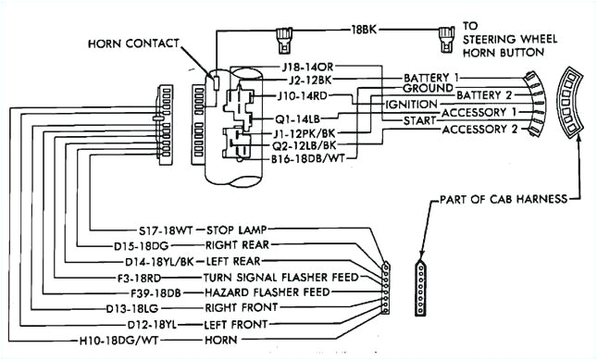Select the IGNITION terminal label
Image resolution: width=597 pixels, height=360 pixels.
click(411, 106)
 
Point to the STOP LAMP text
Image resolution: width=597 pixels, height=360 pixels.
click(229, 231)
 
